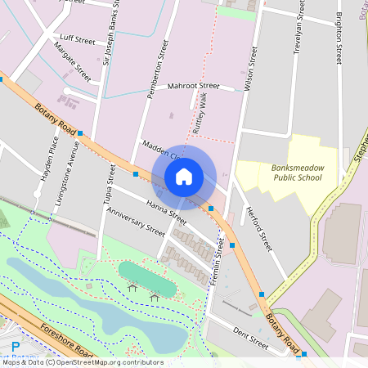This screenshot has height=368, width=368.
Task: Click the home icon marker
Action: coord(184,177)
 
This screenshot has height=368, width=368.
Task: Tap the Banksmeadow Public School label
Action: coord(297,172)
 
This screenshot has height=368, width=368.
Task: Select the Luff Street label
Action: coord(78,38)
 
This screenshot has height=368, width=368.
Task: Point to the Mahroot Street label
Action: coord(194,86)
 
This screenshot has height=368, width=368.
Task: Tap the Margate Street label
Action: coord(72,61)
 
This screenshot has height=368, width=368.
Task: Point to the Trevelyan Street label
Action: coord(299,34)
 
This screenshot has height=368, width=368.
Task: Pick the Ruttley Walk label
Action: coord(199,114)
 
